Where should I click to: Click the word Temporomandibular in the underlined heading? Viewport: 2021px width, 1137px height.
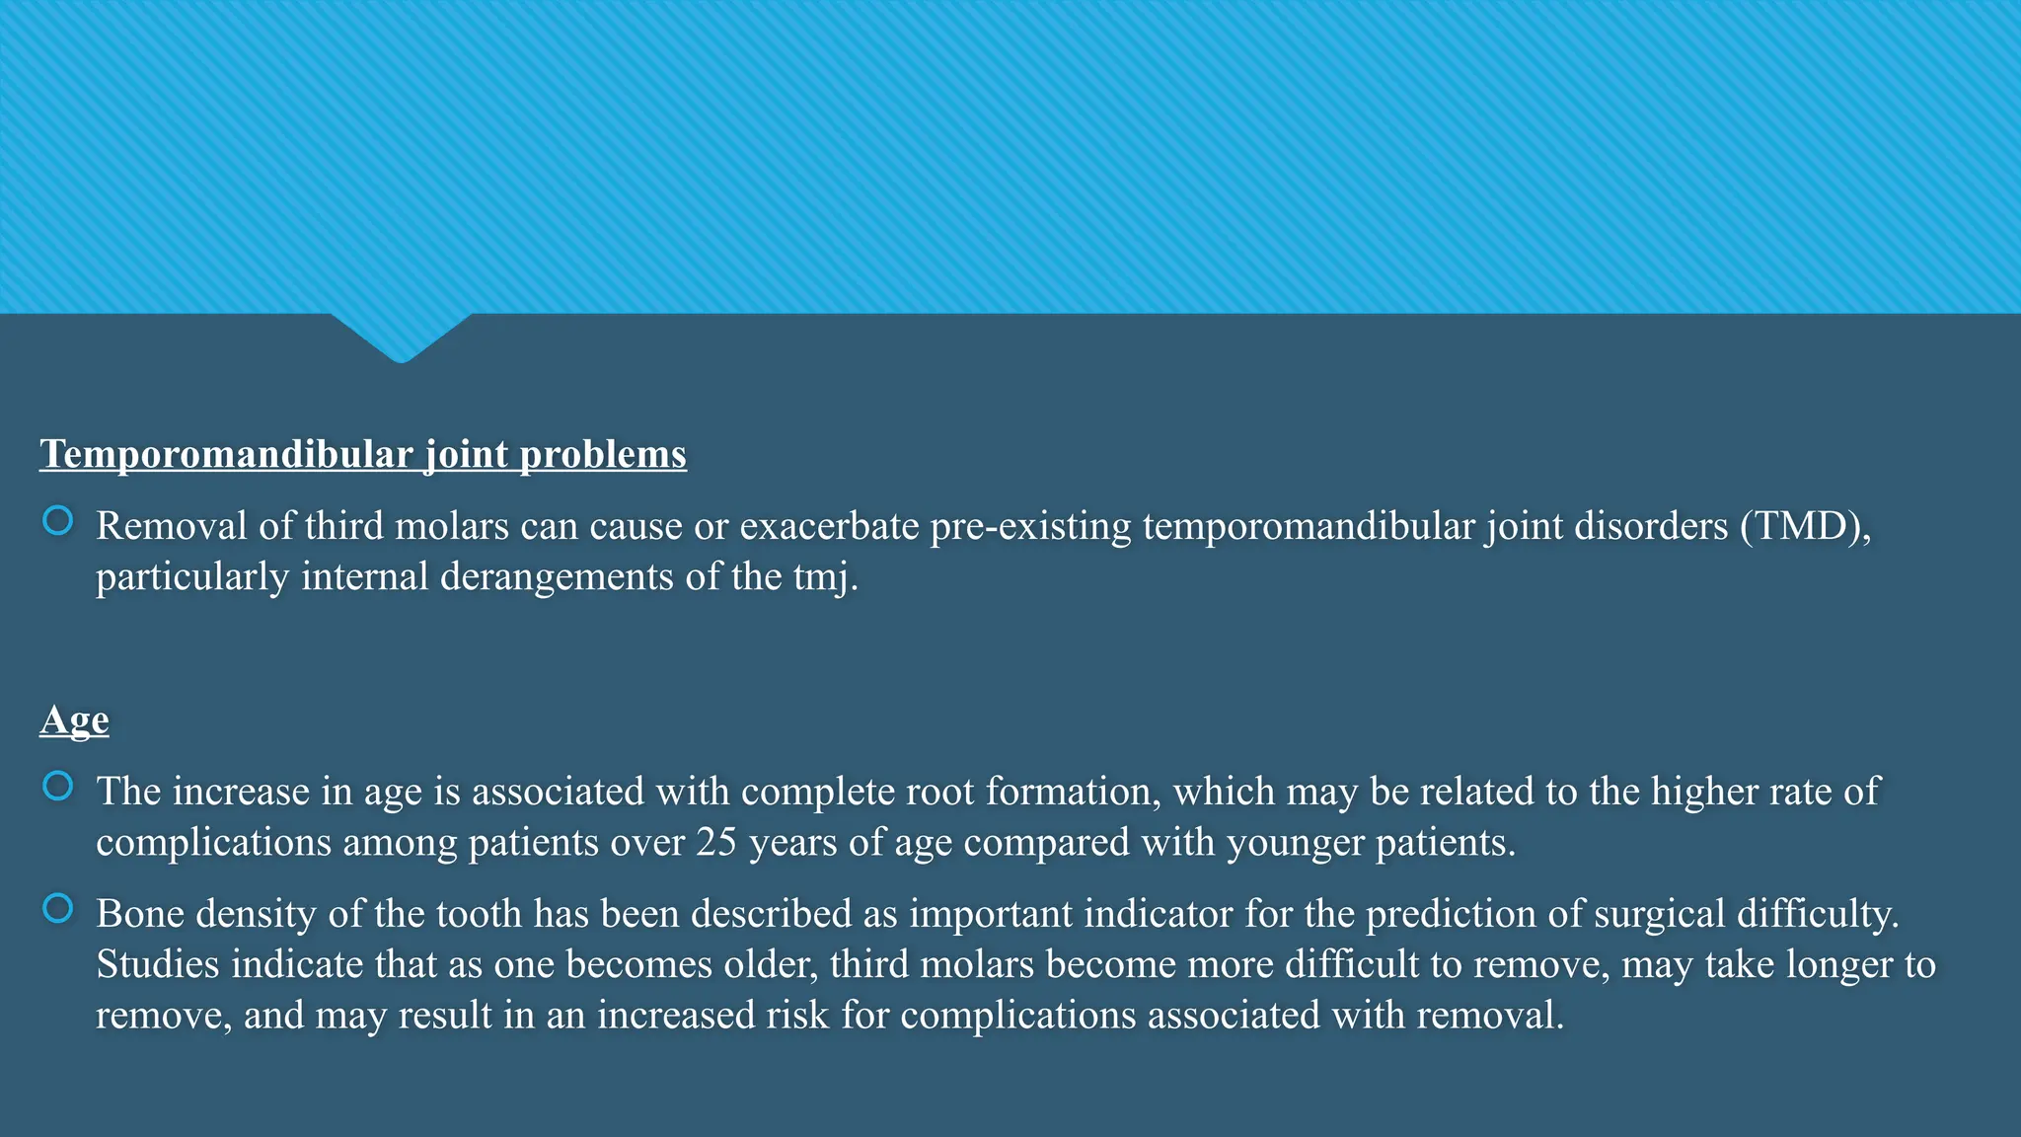[x=226, y=455]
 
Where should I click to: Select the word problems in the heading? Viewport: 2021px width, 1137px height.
[x=603, y=455]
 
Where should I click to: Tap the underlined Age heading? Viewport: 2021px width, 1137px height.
[x=74, y=720]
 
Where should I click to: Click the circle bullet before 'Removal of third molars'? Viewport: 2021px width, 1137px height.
[x=58, y=521]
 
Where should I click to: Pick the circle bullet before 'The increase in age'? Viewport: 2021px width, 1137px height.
[x=58, y=787]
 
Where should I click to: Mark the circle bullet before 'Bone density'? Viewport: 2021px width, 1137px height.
[x=58, y=909]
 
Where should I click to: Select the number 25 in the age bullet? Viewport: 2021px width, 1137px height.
[x=716, y=843]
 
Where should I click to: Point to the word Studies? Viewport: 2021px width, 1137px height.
[x=158, y=964]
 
